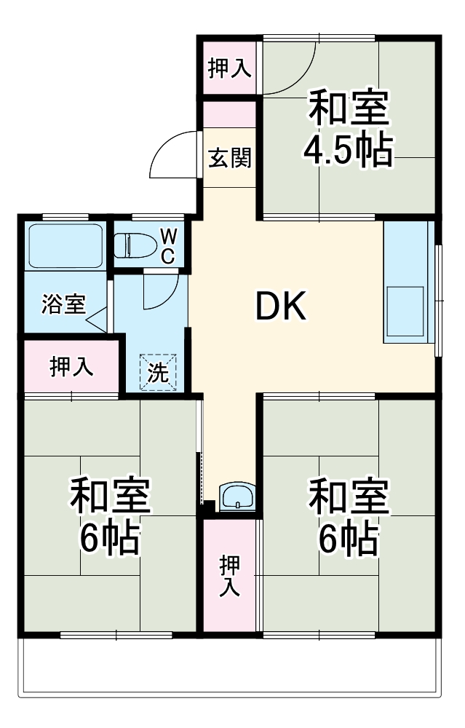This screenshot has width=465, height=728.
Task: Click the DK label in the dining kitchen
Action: click(x=282, y=308)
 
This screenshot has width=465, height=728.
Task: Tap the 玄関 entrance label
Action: click(x=230, y=158)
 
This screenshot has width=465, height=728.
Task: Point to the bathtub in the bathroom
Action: click(x=65, y=246)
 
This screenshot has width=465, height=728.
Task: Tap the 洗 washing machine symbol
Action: click(x=158, y=373)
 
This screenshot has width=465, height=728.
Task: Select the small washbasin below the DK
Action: click(x=237, y=498)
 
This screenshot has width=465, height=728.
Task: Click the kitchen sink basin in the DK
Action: click(x=405, y=310)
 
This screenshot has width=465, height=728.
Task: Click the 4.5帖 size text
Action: click(x=349, y=151)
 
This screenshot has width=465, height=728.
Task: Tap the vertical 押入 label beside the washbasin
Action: click(x=230, y=575)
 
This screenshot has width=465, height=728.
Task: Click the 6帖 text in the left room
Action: click(x=110, y=538)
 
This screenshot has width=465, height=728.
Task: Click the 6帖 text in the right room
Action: click(x=349, y=538)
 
